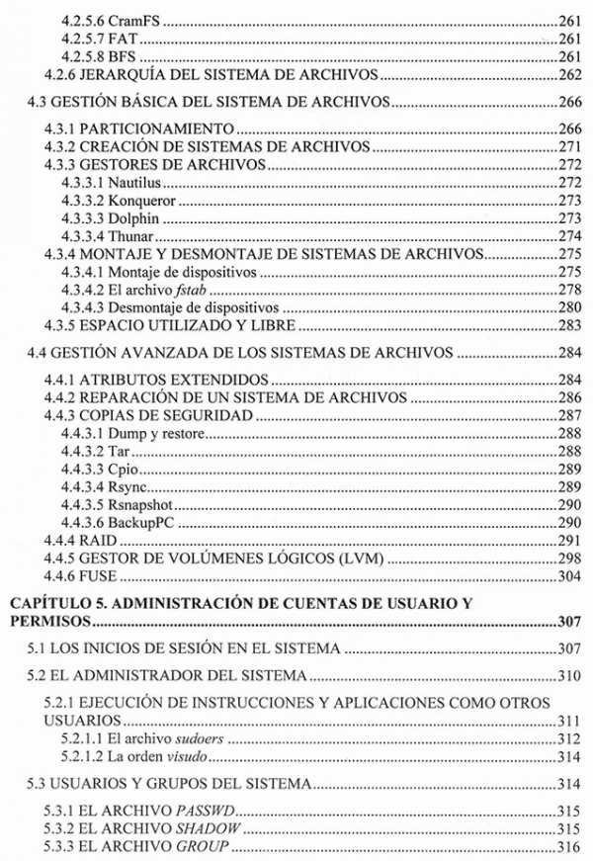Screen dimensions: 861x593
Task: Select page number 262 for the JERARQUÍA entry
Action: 567,75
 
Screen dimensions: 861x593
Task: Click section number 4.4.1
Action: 66,380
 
